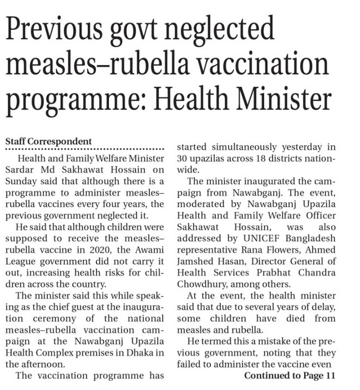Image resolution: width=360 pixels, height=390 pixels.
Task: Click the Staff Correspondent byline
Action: click(x=48, y=142)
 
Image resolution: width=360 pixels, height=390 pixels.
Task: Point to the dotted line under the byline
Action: click(x=84, y=149)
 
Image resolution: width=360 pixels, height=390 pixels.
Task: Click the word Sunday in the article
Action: click(x=21, y=181)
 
